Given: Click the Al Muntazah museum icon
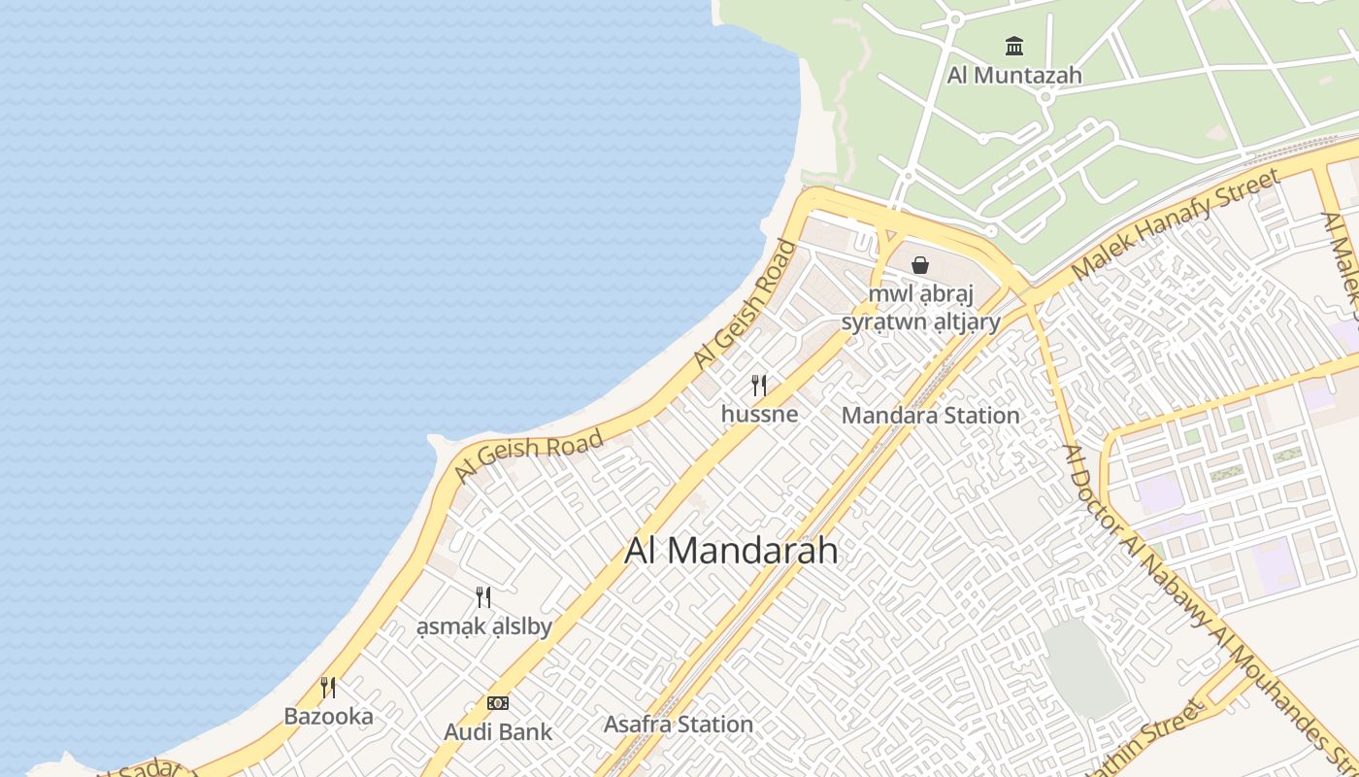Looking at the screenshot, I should point(1014,46).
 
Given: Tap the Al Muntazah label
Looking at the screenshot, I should point(1014,75).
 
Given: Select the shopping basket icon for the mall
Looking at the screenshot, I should point(920,264).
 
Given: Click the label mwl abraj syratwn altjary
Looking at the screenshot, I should point(920,308).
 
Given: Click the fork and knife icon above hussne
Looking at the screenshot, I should point(759,386).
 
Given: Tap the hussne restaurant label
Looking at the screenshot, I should point(759,414).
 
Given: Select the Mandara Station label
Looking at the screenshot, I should point(930,416).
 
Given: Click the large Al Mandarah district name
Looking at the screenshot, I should point(731,551).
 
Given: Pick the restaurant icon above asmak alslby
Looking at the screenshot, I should point(483,597).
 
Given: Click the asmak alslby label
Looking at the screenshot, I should point(483,626).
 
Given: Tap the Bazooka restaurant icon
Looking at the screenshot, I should point(328,688).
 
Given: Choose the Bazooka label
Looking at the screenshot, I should point(328,717).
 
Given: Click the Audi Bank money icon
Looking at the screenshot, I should point(498,703).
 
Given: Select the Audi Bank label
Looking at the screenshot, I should point(498,732).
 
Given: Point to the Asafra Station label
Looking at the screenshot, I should point(679,725).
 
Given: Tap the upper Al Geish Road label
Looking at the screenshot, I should point(745,304).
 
